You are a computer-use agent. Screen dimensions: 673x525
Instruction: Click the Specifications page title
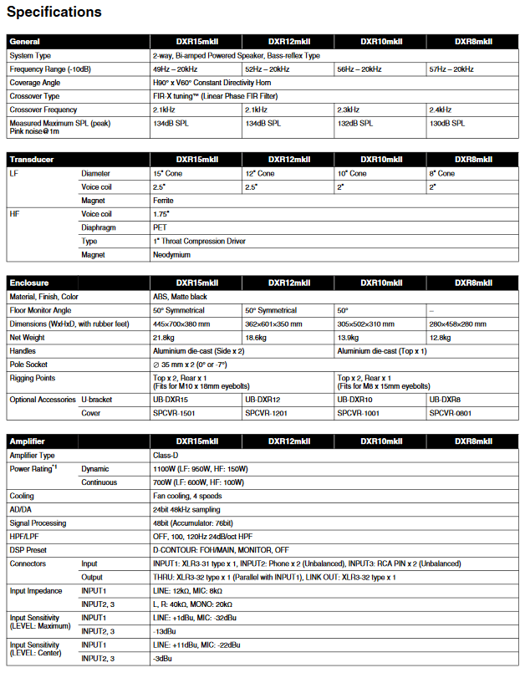click(x=54, y=13)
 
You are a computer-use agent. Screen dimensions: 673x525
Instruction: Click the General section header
click(x=24, y=41)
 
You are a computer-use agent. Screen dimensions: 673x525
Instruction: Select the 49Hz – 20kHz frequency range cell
click(x=175, y=69)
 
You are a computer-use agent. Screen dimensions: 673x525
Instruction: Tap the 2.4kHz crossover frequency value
click(x=440, y=110)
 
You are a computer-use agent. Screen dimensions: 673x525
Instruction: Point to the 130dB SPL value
click(x=447, y=124)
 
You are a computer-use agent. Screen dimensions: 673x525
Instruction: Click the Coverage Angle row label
click(x=35, y=83)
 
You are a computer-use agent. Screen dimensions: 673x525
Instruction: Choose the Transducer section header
click(x=31, y=159)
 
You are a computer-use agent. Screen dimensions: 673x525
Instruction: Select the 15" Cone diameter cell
click(x=169, y=173)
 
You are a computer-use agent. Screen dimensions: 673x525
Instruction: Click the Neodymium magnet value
click(x=171, y=254)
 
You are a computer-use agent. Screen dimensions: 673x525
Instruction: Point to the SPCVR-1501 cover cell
click(x=175, y=413)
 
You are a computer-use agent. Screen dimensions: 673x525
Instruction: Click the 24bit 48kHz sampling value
click(x=186, y=509)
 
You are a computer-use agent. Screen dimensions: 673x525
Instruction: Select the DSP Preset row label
click(x=32, y=549)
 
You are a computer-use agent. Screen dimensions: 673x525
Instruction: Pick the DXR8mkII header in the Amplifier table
click(x=472, y=441)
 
